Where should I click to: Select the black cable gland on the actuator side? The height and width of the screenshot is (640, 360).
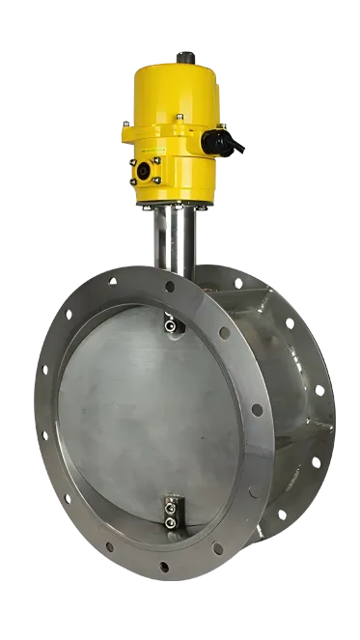pyautogui.click(x=221, y=145)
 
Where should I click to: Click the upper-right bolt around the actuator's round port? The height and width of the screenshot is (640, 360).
pyautogui.click(x=156, y=160)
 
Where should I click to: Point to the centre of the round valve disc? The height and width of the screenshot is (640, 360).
pyautogui.click(x=154, y=415)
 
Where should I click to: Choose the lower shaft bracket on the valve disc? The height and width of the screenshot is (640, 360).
pyautogui.click(x=170, y=513)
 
